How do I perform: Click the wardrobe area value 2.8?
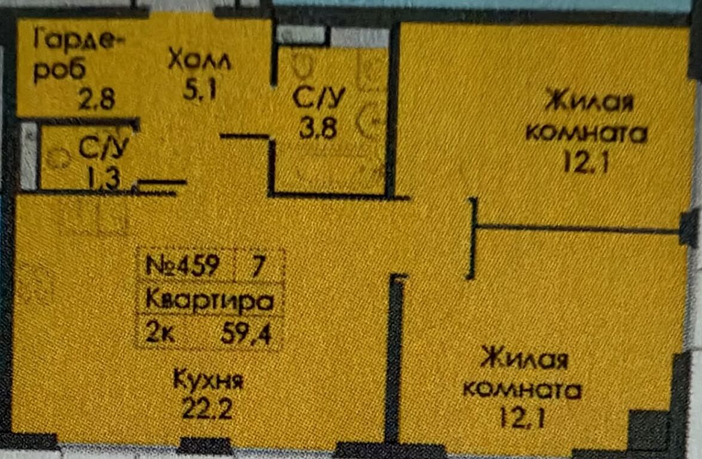pos(97,99)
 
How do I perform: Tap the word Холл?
pos(200,60)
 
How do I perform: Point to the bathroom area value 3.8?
pos(318,128)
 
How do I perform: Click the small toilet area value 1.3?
pos(103,178)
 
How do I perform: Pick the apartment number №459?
pos(183,265)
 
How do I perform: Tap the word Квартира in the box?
pos(210,301)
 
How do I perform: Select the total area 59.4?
pos(246,333)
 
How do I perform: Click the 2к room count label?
pos(160,333)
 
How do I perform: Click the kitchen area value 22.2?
pos(207,409)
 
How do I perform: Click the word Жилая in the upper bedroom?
pos(588,101)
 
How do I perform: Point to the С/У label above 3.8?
pos(318,99)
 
